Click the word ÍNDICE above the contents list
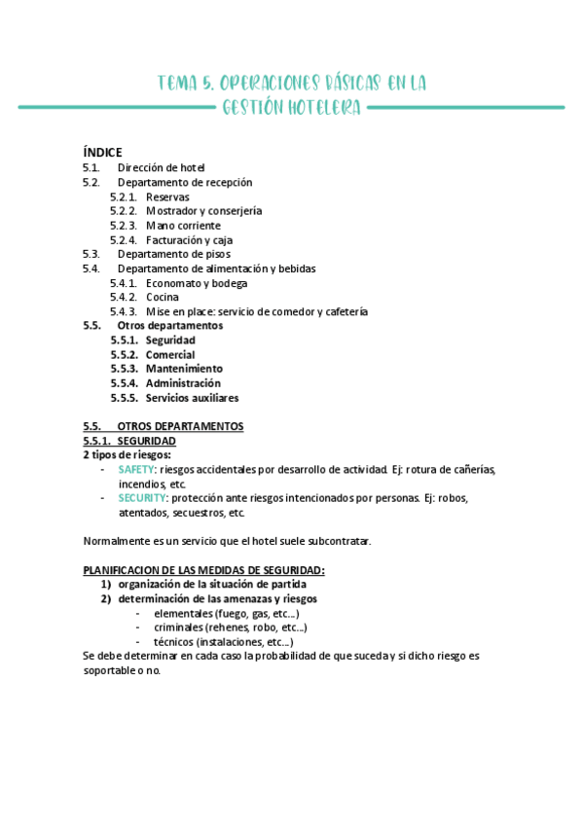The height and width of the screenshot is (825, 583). point(102,152)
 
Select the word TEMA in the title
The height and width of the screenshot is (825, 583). point(178,84)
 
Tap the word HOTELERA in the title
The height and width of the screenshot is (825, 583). point(323,108)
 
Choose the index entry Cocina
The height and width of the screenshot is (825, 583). point(162,298)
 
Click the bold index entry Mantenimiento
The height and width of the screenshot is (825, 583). point(184,369)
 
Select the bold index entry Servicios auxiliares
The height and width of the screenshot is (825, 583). point(192,398)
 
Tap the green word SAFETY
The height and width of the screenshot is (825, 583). point(136,470)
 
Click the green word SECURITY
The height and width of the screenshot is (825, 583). point(140,498)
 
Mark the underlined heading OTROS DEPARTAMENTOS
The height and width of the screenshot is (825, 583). point(180,426)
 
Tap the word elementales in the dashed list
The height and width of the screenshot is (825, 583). point(183,614)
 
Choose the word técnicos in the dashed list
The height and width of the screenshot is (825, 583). point(174,642)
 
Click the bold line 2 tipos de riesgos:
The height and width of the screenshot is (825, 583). point(127,454)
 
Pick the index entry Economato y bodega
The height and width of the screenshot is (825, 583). point(197,283)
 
